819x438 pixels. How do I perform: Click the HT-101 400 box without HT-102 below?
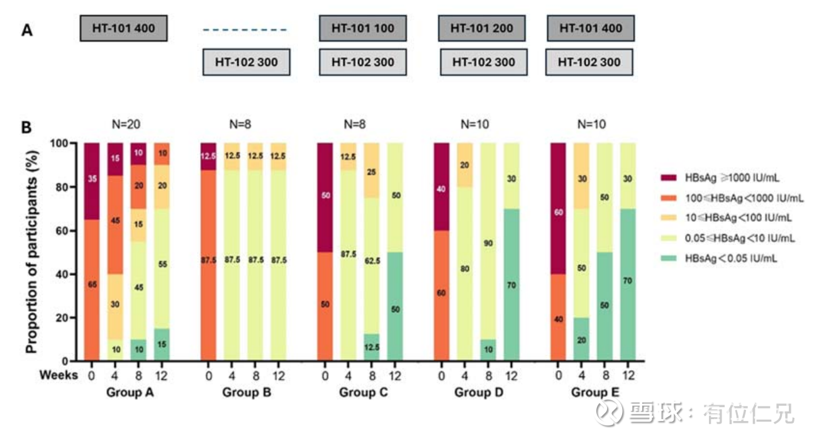pos(123,29)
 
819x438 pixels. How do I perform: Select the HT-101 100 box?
pos(362,29)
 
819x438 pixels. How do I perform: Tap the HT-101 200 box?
pos(482,29)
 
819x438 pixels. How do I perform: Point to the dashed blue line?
pos(245,30)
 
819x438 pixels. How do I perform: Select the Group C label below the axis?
pos(364,393)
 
